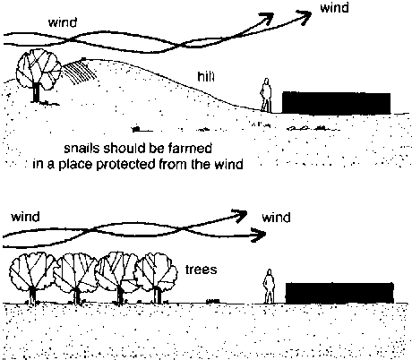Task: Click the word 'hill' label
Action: click(206, 76)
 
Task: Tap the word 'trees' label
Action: click(201, 270)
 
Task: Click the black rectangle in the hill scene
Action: click(336, 103)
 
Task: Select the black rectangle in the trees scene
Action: click(339, 293)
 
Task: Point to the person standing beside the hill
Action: click(266, 95)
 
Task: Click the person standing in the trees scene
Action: click(269, 287)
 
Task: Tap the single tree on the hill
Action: click(39, 74)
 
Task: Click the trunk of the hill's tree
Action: click(36, 92)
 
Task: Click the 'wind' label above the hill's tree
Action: click(63, 22)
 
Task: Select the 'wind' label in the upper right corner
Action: click(334, 7)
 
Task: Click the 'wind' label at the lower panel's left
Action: click(25, 217)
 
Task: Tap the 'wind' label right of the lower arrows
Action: click(276, 218)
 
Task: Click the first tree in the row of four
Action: click(32, 278)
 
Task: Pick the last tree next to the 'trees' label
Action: click(156, 278)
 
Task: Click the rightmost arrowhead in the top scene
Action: click(304, 16)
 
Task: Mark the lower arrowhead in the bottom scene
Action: click(259, 235)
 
